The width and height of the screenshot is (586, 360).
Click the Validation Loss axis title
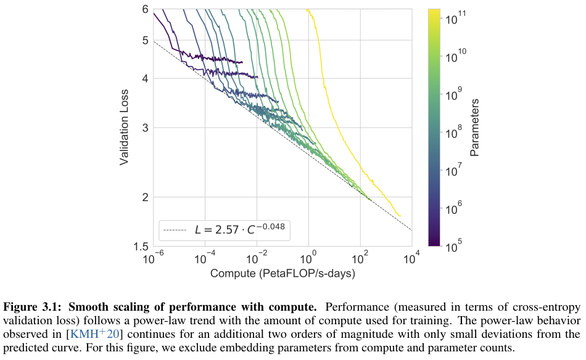pos(124,128)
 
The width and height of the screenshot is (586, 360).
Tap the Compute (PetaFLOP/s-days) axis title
pos(283,272)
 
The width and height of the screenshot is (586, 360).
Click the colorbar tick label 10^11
pos(457,18)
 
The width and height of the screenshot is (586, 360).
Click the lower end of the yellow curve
pos(400,216)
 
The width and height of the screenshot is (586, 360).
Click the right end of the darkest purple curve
pos(242,62)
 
